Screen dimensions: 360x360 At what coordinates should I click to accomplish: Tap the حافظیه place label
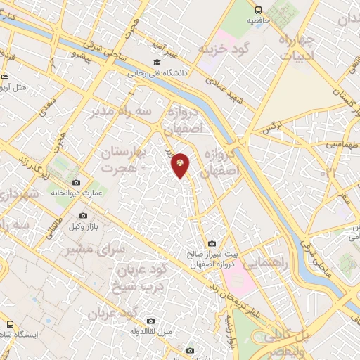[x=258, y=20]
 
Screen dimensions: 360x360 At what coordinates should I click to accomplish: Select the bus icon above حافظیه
[x=259, y=10]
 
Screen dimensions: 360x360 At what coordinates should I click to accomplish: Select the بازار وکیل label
[x=83, y=225]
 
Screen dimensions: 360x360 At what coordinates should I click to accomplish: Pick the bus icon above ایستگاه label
[x=10, y=324]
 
